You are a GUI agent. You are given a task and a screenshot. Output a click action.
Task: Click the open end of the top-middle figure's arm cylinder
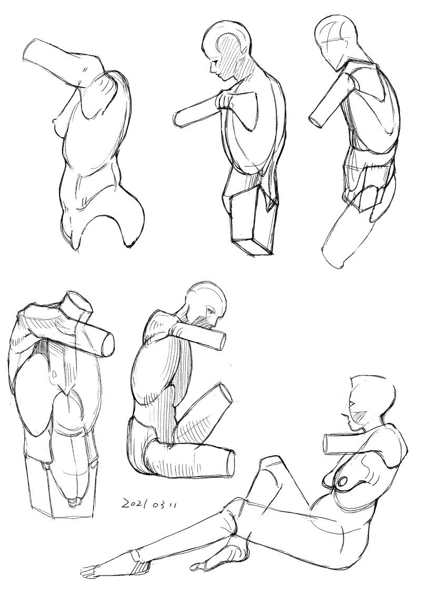click(178, 120)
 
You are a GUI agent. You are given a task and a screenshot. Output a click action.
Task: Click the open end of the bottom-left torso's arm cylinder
click(108, 345)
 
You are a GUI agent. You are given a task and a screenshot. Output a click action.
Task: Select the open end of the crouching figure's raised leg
click(226, 395)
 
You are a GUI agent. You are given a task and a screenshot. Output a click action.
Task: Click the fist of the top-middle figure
click(226, 101)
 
